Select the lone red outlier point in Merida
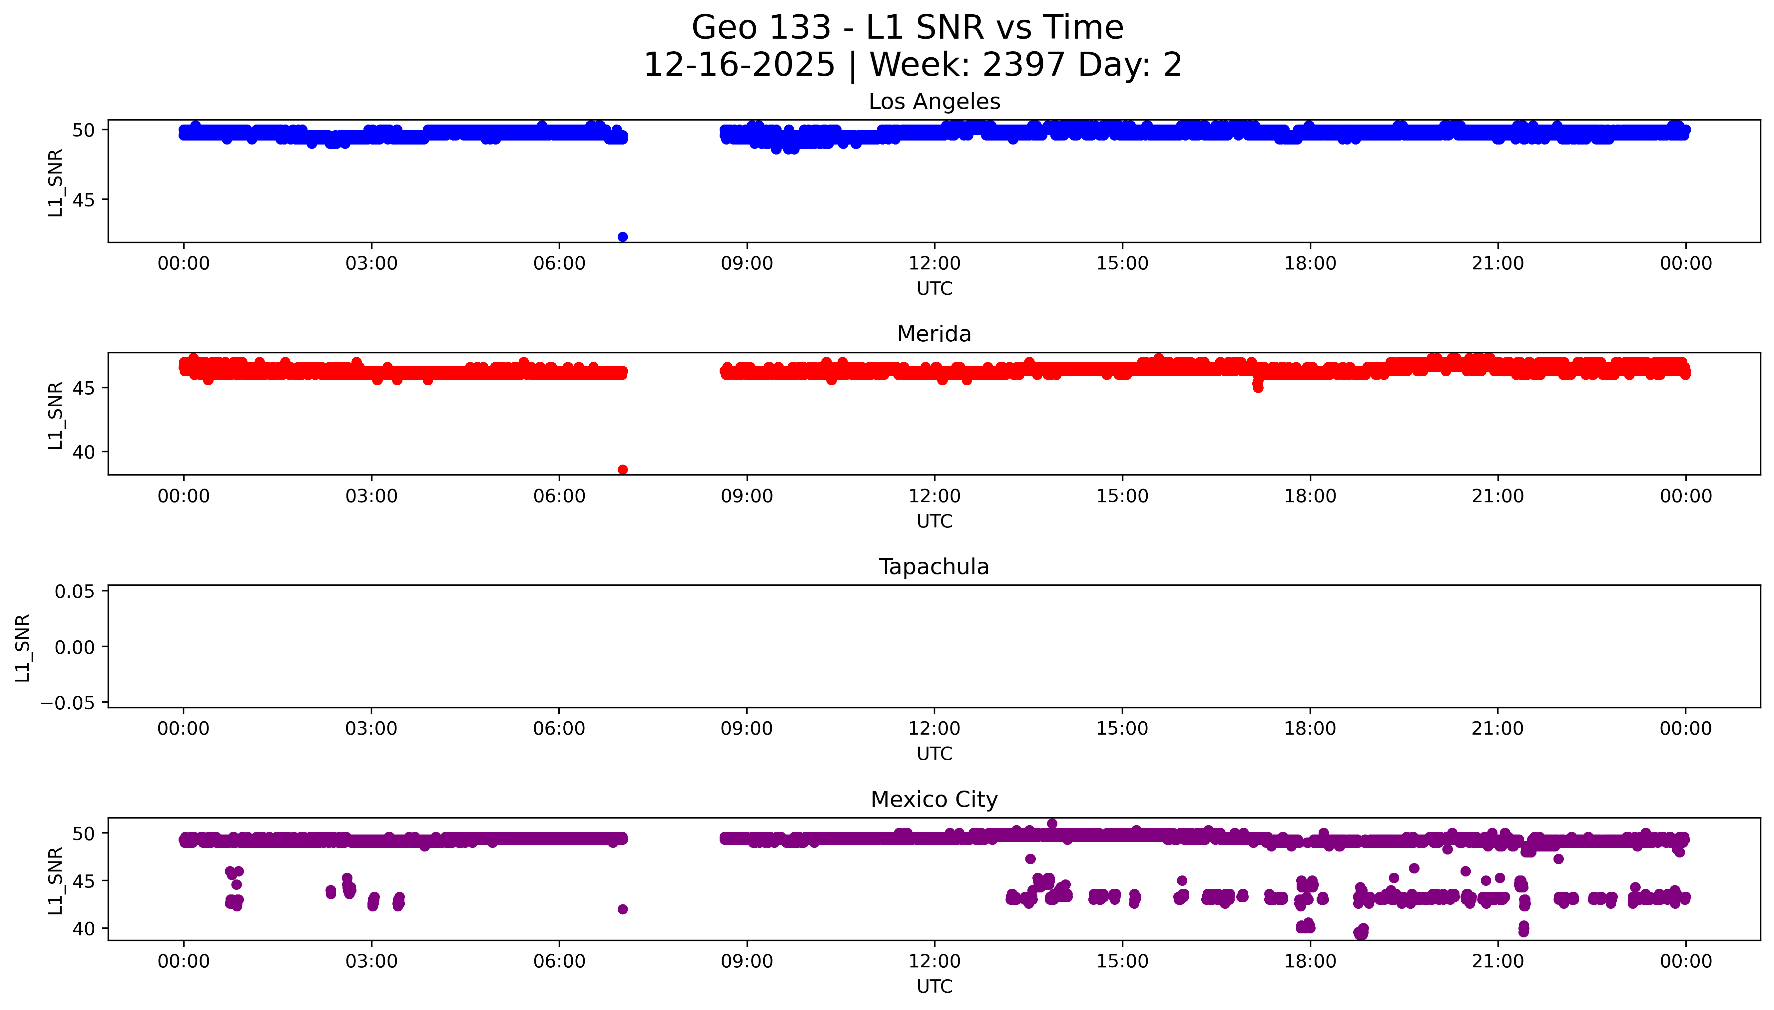point(622,470)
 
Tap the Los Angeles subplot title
point(934,102)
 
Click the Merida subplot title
point(934,334)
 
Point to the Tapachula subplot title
point(934,567)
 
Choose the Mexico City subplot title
point(934,800)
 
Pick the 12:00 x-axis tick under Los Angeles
point(934,264)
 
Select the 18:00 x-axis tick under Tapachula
point(1310,728)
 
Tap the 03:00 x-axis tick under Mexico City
point(371,961)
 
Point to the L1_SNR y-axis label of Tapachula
point(23,647)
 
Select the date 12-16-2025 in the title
point(739,65)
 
